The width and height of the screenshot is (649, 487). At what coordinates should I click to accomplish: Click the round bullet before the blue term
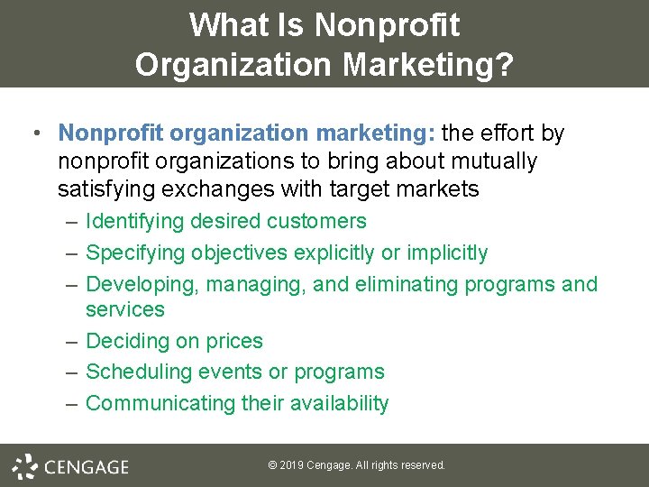[x=34, y=134]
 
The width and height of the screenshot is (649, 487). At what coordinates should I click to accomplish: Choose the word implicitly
[x=447, y=253]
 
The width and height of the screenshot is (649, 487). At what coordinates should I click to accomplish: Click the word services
[x=125, y=309]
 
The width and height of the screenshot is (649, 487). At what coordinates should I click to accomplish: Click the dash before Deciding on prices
[x=72, y=341]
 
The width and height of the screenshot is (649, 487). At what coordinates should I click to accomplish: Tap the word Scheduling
[x=140, y=372]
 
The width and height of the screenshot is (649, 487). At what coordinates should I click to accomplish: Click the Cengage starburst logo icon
[x=25, y=466]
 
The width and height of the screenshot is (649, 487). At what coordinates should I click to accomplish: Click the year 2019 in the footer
[x=290, y=465]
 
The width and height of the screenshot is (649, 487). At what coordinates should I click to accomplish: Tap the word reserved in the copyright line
[x=422, y=465]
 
